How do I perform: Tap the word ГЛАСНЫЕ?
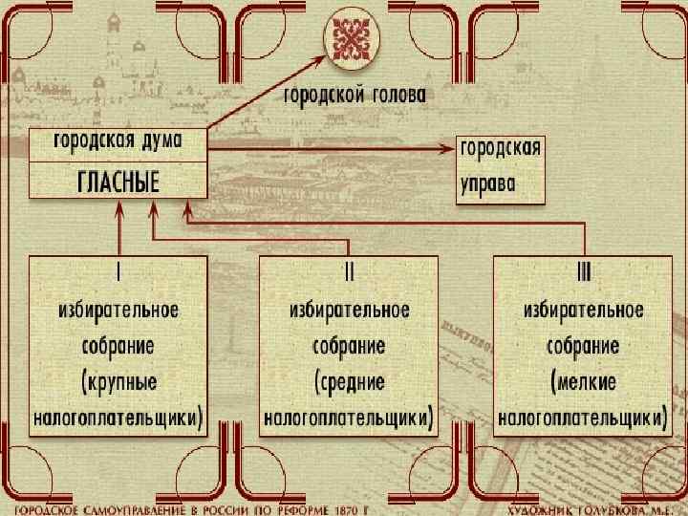point(118,183)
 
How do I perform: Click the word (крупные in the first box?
point(119,381)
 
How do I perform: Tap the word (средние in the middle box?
point(350,381)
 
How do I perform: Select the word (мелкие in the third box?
point(584,381)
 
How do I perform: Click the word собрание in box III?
point(583,345)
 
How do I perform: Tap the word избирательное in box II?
point(350,310)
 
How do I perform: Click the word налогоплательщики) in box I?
point(118,417)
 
